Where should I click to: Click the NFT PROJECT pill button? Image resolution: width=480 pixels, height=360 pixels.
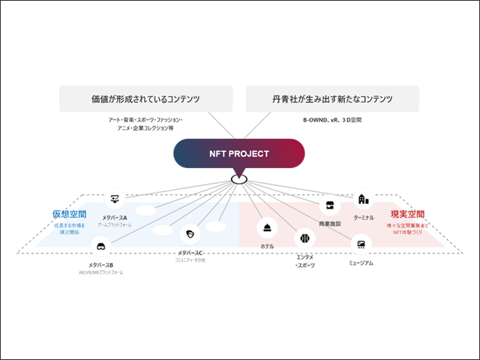[239, 154]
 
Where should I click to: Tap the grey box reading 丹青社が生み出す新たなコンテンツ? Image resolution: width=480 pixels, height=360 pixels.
[332, 99]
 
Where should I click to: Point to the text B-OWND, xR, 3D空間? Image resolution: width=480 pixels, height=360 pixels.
[332, 119]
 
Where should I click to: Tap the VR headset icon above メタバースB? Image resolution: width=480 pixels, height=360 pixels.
[100, 245]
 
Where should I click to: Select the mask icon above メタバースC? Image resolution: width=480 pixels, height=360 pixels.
[191, 232]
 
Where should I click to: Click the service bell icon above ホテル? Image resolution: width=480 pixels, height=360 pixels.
[268, 228]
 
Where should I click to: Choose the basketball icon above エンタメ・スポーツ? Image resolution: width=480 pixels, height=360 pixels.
[304, 239]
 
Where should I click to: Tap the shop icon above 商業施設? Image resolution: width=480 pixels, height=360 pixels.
[329, 206]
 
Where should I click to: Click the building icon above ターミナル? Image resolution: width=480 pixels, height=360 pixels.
[363, 199]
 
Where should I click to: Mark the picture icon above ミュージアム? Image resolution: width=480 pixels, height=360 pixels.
[361, 244]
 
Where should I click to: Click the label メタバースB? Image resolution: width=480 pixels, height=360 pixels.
[100, 265]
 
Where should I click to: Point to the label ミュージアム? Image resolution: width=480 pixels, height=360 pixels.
[361, 263]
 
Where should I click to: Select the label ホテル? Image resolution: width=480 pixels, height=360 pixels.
[268, 246]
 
